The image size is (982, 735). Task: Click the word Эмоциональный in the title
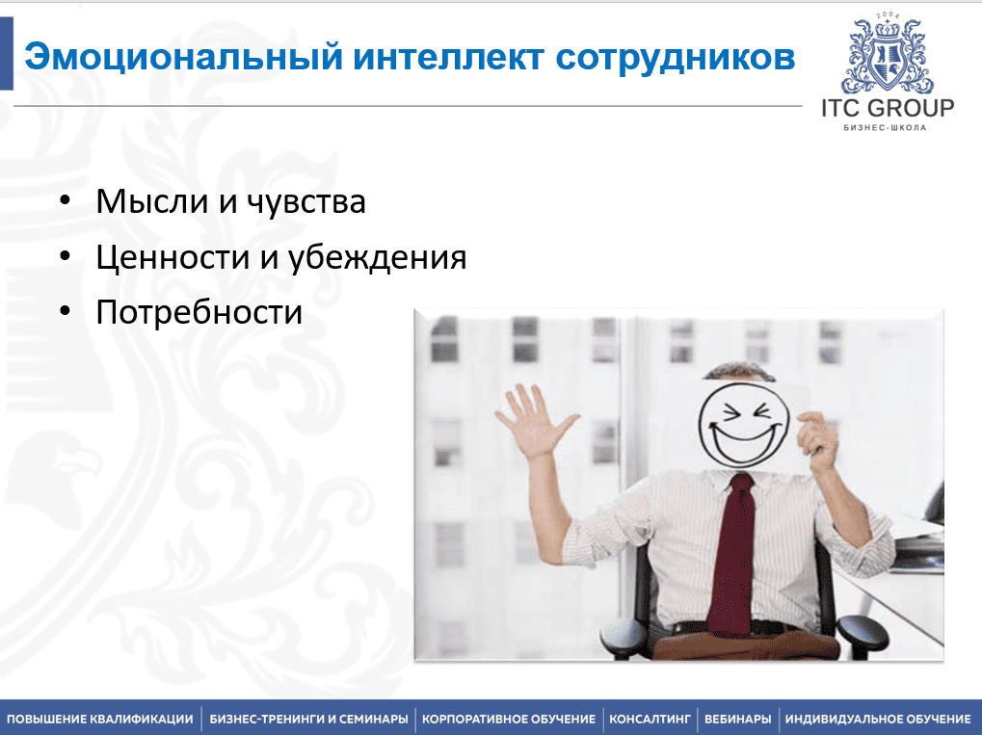tap(183, 57)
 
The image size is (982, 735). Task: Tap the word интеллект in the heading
tap(448, 57)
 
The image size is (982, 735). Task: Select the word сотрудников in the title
tap(676, 58)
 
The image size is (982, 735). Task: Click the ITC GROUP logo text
tap(888, 108)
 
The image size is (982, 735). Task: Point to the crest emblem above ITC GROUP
tap(888, 55)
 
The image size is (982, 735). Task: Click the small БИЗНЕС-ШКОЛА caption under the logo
tap(885, 128)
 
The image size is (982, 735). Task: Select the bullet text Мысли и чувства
tap(230, 201)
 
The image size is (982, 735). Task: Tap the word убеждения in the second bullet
tap(377, 257)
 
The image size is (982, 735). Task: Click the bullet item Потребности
tap(199, 312)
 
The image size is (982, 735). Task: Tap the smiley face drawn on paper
tap(743, 425)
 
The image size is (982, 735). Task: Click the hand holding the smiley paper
tap(817, 440)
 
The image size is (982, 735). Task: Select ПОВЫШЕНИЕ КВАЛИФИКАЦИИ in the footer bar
tap(100, 720)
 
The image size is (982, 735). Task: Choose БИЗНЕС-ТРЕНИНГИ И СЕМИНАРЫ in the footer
tap(308, 720)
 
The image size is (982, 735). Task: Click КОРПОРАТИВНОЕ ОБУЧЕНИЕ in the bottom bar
tap(509, 720)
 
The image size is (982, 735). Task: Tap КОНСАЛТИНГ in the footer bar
tap(650, 720)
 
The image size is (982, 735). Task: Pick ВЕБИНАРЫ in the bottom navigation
tap(738, 720)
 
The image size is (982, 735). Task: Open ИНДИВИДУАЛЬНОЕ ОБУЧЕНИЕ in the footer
tap(878, 720)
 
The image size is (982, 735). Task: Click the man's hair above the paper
tap(739, 372)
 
